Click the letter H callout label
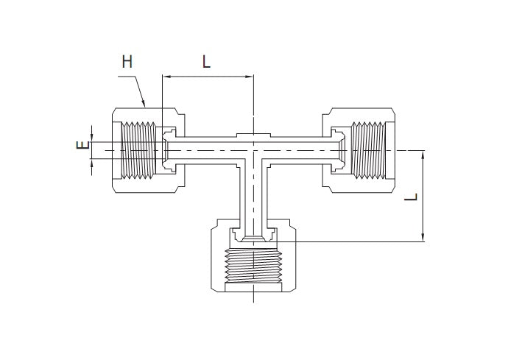point(127,63)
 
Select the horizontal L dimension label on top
point(207,63)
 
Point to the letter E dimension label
point(82,146)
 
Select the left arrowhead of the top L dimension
point(166,76)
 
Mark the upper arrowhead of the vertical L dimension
point(423,154)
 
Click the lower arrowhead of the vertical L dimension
point(423,237)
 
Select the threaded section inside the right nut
point(369,150)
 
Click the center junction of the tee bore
point(253,150)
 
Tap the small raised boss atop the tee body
point(253,134)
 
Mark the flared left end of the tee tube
point(169,150)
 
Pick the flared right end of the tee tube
point(338,150)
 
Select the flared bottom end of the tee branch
point(253,236)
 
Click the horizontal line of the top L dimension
point(208,76)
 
